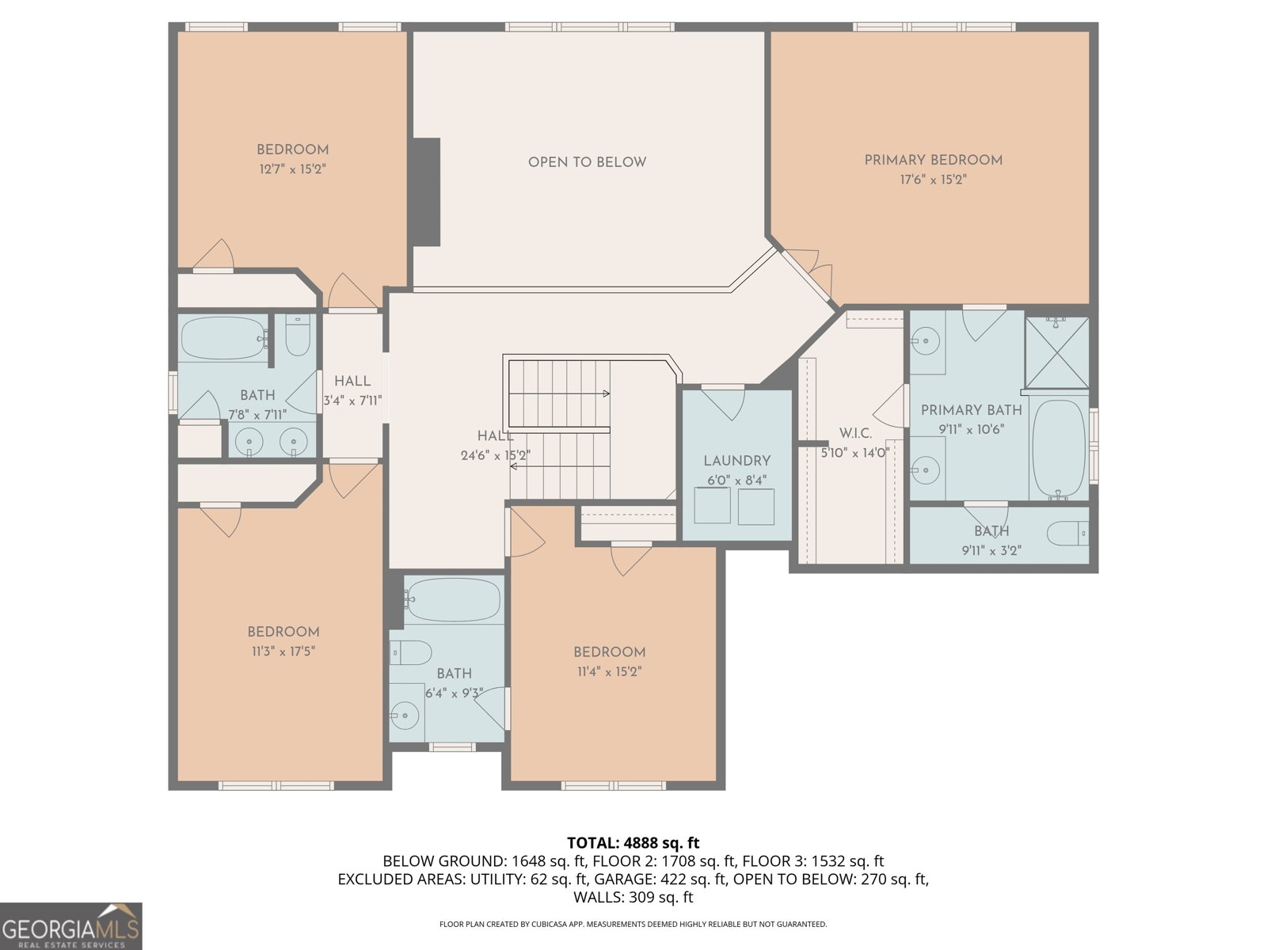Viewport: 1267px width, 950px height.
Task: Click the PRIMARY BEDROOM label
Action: point(933,161)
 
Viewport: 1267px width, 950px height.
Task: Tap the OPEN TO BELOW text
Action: point(587,162)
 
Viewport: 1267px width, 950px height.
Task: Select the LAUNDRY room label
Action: point(736,461)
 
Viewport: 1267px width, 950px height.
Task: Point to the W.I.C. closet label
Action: point(855,433)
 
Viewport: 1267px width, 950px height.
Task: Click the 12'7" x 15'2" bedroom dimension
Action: point(292,169)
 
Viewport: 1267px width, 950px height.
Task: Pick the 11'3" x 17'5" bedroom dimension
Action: point(283,652)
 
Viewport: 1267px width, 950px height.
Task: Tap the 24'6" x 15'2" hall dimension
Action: point(495,455)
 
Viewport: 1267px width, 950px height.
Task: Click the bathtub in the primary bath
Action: point(1058,450)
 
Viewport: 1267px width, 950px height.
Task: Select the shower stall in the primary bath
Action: point(1057,352)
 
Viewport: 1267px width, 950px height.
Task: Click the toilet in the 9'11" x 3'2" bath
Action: point(1067,533)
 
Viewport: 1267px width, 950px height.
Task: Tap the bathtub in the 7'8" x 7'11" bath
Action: point(223,338)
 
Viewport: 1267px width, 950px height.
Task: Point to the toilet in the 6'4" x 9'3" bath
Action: point(411,653)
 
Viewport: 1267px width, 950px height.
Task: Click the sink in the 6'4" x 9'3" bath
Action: point(404,715)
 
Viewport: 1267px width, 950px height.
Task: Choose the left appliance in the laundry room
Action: point(712,505)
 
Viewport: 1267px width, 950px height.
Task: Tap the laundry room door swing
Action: point(723,404)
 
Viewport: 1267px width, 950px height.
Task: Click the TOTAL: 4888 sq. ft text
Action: point(633,842)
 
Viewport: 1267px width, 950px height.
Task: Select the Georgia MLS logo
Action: point(70,925)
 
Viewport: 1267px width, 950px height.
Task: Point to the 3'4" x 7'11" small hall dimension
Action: point(352,400)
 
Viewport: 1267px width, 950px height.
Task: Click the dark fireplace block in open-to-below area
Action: point(427,192)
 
